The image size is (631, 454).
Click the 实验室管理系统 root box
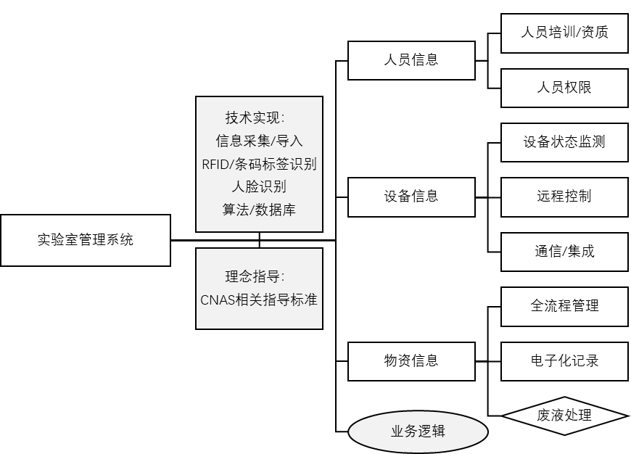86,240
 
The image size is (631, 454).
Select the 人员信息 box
411,60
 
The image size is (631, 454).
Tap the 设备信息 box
411,197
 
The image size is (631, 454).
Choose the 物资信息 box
411,360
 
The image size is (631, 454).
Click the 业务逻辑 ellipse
418,432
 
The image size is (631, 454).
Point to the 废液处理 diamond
564,416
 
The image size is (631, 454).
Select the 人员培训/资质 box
564,33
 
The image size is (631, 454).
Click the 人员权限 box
564,88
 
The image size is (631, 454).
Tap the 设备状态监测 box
564,141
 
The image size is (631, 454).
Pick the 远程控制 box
564,197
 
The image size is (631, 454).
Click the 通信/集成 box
564,252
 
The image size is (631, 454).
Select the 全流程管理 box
564,305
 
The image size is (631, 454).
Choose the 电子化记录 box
564,360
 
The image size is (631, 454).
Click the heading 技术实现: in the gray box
259,118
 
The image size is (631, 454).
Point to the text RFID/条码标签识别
259,164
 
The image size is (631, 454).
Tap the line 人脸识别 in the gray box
259,186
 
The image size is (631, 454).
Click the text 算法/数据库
259,210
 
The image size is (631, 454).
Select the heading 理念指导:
259,276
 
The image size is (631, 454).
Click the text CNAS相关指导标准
259,300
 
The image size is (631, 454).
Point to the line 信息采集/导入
259,141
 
